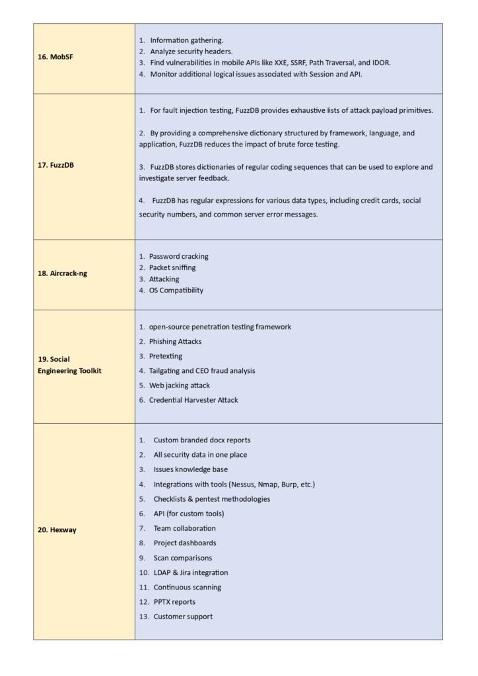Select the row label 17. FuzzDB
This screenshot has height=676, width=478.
click(x=55, y=165)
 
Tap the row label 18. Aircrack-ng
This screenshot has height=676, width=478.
click(x=68, y=273)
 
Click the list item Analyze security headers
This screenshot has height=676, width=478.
click(x=191, y=51)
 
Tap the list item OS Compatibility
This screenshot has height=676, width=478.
click(x=176, y=290)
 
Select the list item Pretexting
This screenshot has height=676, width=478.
click(x=166, y=356)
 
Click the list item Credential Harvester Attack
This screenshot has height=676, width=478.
click(x=193, y=399)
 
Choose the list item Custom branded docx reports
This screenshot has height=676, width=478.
click(x=202, y=440)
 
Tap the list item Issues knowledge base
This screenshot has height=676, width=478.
click(x=191, y=469)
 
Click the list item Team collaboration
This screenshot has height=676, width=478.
click(x=184, y=528)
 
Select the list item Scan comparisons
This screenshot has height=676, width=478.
click(x=183, y=558)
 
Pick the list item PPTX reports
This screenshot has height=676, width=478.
click(x=174, y=601)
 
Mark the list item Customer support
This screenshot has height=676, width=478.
click(x=183, y=617)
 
